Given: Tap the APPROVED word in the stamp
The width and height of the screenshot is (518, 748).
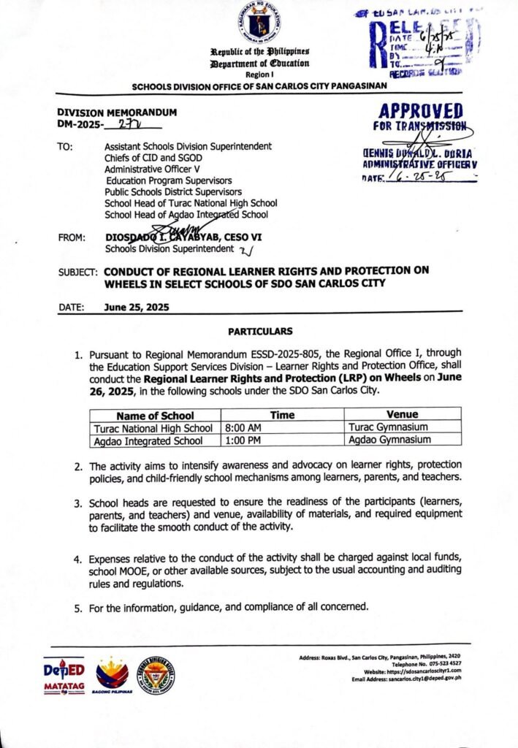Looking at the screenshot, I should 419,111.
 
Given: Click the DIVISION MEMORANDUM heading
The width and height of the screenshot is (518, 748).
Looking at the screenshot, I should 117,113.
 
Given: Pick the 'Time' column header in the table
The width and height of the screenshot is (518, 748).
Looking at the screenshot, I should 282,415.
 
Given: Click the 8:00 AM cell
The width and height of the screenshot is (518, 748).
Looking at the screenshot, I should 240,427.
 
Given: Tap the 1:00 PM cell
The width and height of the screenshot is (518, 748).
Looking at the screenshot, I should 240,440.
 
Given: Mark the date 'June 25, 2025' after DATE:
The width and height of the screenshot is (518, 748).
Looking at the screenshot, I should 137,308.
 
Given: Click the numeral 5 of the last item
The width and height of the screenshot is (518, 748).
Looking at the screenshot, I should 77,607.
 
